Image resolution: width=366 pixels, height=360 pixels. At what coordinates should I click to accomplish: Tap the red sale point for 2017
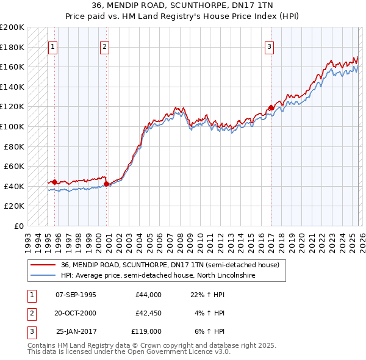click(x=271, y=108)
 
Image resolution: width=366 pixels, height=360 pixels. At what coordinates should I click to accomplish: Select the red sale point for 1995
click(x=54, y=182)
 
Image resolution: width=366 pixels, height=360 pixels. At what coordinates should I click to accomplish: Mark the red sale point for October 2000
click(x=106, y=184)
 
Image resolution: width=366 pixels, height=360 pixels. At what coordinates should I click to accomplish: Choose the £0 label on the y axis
click(x=19, y=226)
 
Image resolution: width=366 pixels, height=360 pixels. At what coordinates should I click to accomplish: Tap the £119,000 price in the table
click(x=146, y=331)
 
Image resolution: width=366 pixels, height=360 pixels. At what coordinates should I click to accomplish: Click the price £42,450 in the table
click(x=146, y=313)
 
